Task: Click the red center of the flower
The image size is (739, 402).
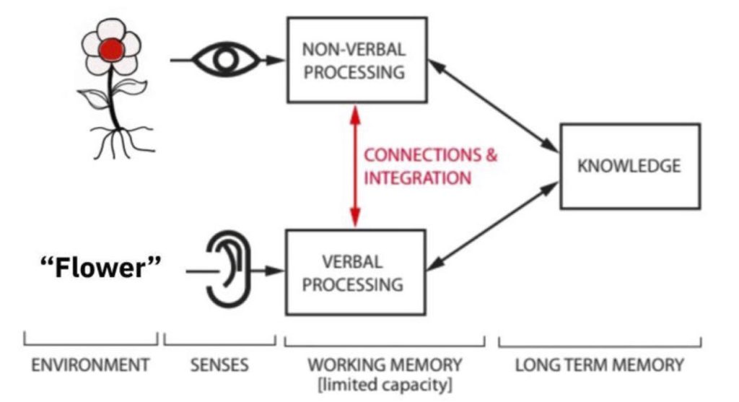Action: point(110,50)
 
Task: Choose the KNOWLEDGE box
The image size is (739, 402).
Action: point(629,166)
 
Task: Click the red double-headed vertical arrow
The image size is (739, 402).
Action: point(354,166)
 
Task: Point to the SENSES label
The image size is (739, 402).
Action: point(219,365)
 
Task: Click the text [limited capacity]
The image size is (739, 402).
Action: point(385,385)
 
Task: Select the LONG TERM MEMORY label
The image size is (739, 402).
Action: point(599,365)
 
